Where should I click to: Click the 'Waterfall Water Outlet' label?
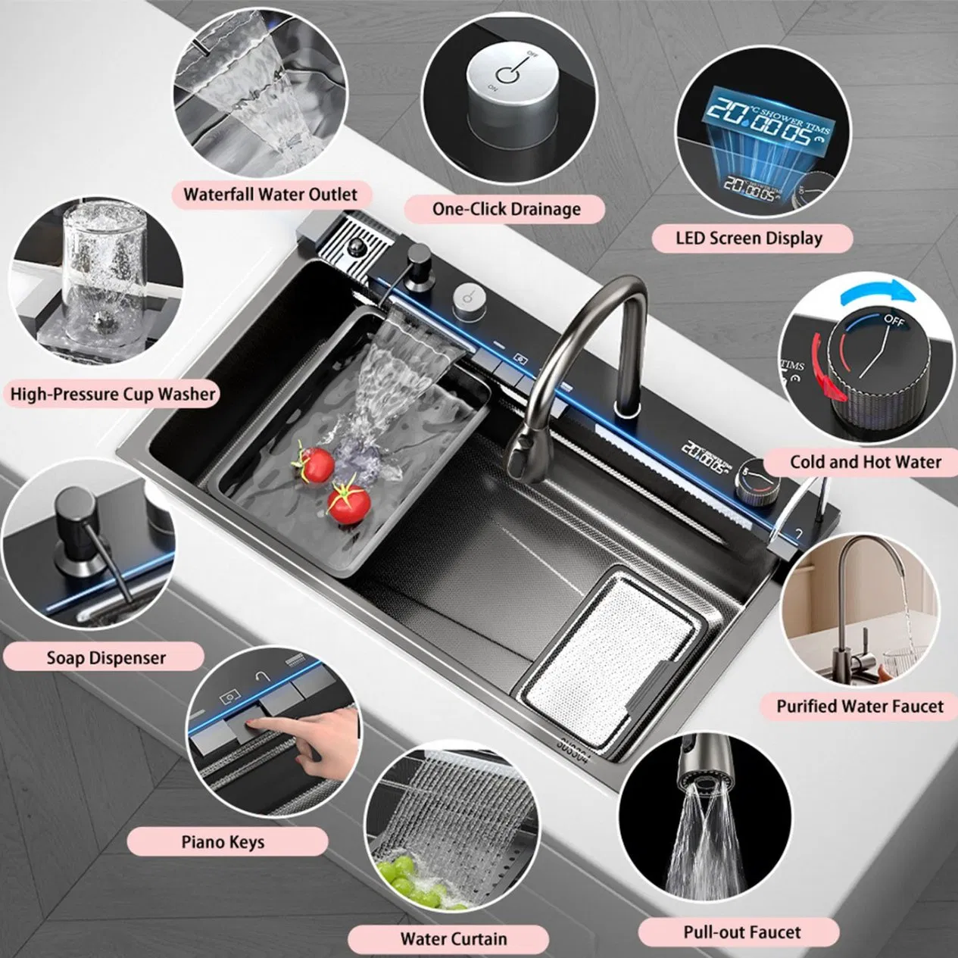coord(270,195)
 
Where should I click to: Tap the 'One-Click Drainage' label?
coord(506,209)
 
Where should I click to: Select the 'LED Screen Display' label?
coord(748,239)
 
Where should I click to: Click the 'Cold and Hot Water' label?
coord(865,462)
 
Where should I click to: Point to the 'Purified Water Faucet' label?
coord(860,707)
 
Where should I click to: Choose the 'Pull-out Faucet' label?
coord(741,932)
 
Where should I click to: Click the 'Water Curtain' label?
coord(453,939)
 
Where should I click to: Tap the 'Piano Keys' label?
coord(223,842)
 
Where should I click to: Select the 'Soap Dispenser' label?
coord(106,657)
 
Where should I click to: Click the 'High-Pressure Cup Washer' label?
coord(112,394)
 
